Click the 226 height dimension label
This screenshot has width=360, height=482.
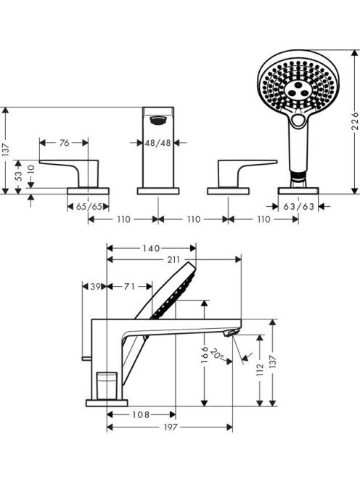coord(354,121)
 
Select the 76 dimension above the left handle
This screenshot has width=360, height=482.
coord(65,142)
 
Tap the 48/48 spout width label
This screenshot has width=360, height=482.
coord(157,143)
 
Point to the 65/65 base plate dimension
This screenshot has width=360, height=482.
coord(89,207)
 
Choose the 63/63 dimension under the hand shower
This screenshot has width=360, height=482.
coord(298,207)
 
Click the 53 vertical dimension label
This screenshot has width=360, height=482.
coord(18,176)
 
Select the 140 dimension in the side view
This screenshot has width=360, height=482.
coord(151,248)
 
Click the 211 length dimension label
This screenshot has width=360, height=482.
coord(173,260)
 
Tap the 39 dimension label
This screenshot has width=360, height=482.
coord(96,287)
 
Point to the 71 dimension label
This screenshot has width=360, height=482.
coord(129,287)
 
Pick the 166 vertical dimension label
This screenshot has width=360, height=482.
coord(205,355)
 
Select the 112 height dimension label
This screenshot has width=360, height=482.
coord(260,369)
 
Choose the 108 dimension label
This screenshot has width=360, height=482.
coord(141,415)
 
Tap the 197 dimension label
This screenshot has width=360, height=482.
coord(171,427)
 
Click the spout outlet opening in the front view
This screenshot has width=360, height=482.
coord(158,120)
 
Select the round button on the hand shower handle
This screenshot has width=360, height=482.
coord(298,120)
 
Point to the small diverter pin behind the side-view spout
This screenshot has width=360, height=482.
coord(86,358)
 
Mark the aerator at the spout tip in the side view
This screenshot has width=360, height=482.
coord(232,332)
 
